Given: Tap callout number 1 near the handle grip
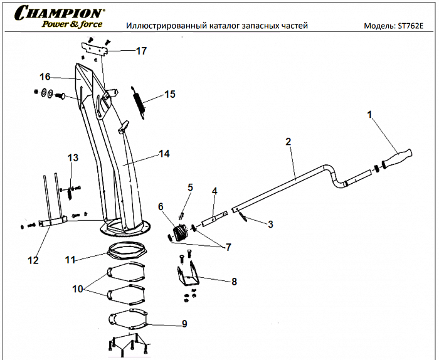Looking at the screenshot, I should point(370,115).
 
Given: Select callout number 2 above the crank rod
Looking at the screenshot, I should point(288,142).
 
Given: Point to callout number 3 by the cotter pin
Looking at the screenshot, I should point(270,223).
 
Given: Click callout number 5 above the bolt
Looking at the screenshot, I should point(191,187).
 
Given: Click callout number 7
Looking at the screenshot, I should point(228,247).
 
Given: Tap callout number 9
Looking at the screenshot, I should point(184,324).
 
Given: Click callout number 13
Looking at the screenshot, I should point(73,157).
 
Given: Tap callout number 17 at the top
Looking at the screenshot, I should point(141,50).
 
